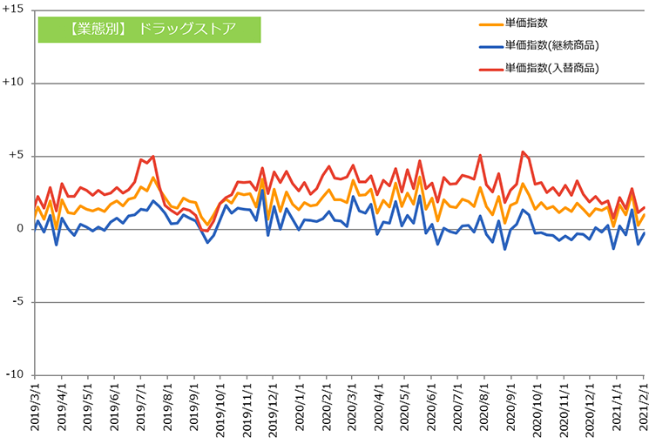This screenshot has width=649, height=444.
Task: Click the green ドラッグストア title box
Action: [x=150, y=30]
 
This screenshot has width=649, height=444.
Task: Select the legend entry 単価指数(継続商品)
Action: [x=539, y=45]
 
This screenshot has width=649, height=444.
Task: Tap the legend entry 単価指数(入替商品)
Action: [x=539, y=68]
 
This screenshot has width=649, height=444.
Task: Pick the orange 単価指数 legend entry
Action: [x=513, y=24]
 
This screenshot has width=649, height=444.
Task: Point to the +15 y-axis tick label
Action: [x=13, y=9]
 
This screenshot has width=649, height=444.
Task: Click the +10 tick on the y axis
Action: [x=13, y=82]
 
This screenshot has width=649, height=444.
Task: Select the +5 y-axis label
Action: [x=17, y=155]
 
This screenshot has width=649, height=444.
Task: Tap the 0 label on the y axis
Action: [x=20, y=228]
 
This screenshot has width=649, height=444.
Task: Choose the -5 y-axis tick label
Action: [x=17, y=301]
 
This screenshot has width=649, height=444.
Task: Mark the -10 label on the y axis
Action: [x=15, y=374]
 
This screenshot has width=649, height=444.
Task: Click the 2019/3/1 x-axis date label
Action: [x=35, y=401]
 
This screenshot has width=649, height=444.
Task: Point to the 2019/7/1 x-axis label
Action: [x=141, y=401]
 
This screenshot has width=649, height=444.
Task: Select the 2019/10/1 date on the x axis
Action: [x=220, y=404]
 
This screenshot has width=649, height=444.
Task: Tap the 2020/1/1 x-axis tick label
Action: [x=300, y=401]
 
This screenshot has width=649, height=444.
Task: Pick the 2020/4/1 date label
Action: [x=379, y=401]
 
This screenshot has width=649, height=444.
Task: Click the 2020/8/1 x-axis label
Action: [x=484, y=401]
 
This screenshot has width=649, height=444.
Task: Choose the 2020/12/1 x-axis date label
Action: [x=591, y=404]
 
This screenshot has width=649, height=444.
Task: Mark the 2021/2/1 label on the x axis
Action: [x=643, y=401]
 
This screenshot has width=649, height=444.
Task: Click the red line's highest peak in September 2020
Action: [x=523, y=151]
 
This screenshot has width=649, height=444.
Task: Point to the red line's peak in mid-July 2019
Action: [x=153, y=156]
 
